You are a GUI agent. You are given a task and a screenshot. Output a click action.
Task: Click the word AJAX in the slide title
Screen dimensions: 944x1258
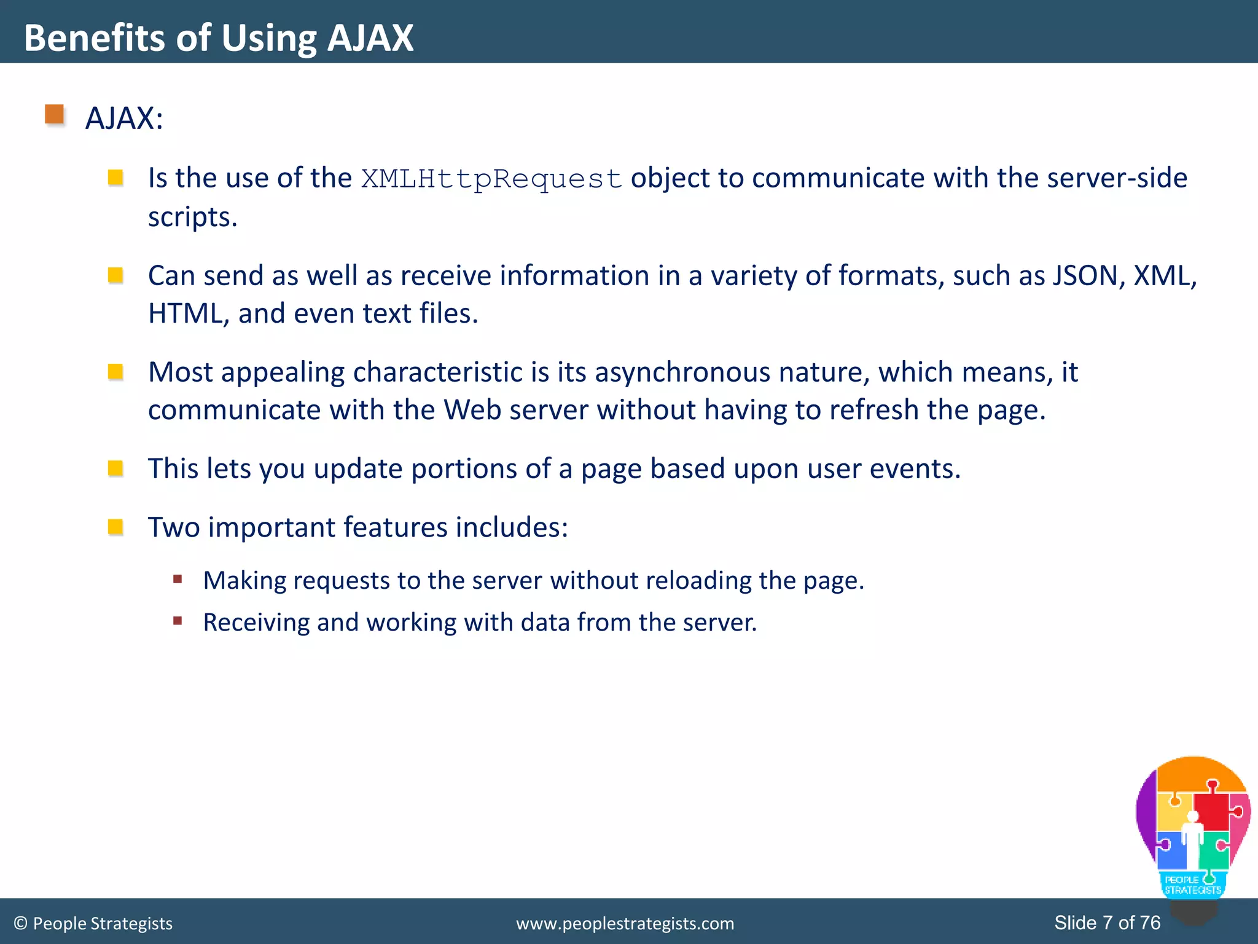point(370,38)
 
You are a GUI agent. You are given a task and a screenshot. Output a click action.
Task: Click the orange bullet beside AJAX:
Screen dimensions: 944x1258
point(55,114)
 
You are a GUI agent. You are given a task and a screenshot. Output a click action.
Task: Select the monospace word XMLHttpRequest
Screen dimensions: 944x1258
point(491,179)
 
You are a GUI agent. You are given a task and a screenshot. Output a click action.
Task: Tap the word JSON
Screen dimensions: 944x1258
point(1085,275)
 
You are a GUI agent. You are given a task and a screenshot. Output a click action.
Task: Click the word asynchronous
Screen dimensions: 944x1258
point(682,372)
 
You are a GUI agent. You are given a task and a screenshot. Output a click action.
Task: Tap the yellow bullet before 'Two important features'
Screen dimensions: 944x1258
point(115,527)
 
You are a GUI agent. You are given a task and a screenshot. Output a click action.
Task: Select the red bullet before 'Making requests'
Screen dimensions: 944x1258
point(178,579)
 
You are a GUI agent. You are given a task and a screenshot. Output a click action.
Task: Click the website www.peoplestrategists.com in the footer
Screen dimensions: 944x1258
point(625,923)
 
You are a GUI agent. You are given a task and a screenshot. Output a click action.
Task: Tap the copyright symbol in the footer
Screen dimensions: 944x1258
point(20,923)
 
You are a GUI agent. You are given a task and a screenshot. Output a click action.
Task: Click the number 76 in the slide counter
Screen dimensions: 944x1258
point(1150,922)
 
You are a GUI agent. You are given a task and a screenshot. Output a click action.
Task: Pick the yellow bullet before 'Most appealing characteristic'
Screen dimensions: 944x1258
point(115,372)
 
